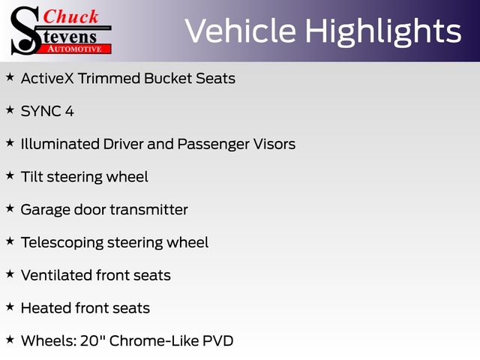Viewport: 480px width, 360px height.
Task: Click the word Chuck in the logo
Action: [70, 16]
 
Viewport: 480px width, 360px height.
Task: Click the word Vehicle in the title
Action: [241, 31]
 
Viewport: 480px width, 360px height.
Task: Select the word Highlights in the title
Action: [383, 32]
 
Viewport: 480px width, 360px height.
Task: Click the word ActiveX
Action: [47, 78]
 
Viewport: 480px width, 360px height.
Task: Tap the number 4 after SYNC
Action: [70, 111]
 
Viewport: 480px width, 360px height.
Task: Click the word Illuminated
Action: [60, 144]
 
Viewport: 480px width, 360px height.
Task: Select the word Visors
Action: [274, 144]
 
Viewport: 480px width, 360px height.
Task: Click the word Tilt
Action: [31, 177]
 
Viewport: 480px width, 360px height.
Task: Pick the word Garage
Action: [46, 210]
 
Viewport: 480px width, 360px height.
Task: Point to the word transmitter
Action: [148, 210]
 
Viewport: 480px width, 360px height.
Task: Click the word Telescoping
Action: [62, 243]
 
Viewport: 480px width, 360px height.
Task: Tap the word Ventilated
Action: [57, 275]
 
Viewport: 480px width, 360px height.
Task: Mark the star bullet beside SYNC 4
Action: [10, 109]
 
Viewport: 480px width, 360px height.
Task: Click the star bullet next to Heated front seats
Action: [10, 307]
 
